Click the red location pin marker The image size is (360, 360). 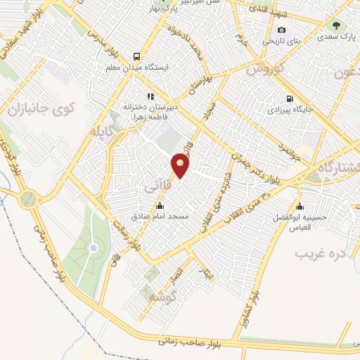pyautogui.click(x=181, y=166)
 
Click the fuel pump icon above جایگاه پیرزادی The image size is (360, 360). pyautogui.click(x=288, y=98)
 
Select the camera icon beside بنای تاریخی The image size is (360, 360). pyautogui.click(x=282, y=30)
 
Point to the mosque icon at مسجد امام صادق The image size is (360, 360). pyautogui.click(x=161, y=206)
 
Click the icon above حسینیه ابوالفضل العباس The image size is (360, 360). pyautogui.click(x=300, y=207)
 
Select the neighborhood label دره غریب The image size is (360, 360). pyautogui.click(x=321, y=252)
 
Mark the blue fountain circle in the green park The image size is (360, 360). pyautogui.click(x=93, y=248)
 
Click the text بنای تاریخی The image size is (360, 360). pyautogui.click(x=281, y=41)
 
